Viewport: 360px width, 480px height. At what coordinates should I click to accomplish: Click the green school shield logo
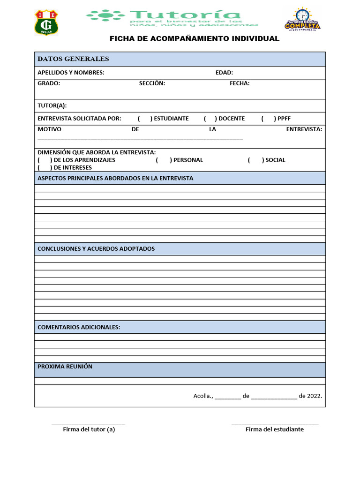(46, 22)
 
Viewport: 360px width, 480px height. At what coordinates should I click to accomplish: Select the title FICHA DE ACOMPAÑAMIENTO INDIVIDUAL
(194, 38)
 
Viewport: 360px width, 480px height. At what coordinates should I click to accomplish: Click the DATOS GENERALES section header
(73, 59)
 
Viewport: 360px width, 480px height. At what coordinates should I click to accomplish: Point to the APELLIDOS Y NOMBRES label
(71, 73)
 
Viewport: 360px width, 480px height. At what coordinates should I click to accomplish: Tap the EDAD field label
(224, 73)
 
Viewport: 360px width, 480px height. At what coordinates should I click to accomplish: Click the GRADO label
(49, 83)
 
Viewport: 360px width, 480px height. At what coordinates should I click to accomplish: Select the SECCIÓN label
(152, 83)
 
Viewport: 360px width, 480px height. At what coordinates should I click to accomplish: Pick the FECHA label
(240, 83)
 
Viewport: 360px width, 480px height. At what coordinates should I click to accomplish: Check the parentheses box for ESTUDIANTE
(145, 119)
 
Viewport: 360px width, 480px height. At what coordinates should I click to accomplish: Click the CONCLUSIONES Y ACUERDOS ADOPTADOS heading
(96, 249)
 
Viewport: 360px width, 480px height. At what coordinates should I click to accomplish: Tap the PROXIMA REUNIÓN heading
(65, 367)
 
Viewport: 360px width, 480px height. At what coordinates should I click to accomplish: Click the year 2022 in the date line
(314, 396)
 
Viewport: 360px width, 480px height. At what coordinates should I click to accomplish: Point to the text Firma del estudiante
(275, 429)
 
